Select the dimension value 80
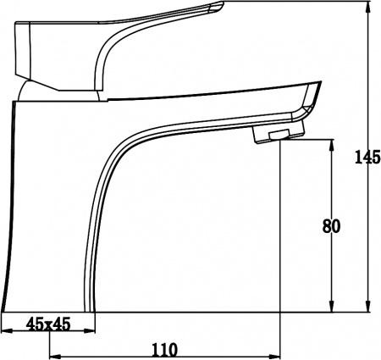pyautogui.click(x=333, y=226)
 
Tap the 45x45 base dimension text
pyautogui.click(x=48, y=323)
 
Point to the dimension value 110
pyautogui.click(x=165, y=348)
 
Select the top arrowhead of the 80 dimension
pyautogui.click(x=332, y=146)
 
